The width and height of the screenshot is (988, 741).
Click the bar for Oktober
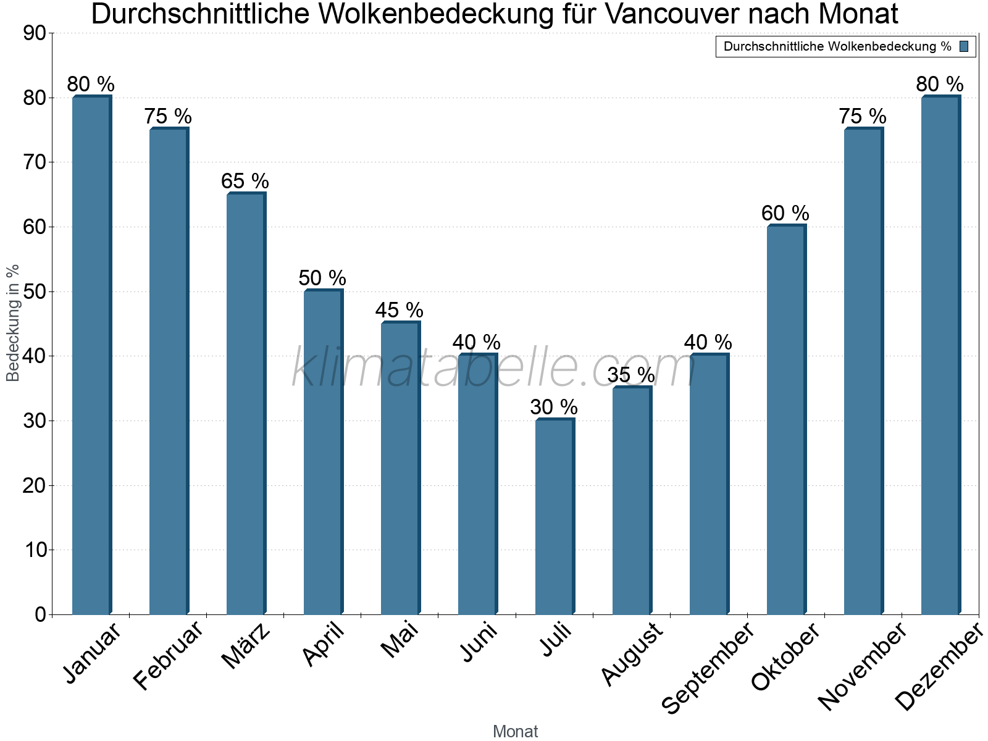pos(786,420)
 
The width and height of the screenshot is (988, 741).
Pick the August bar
pos(632,501)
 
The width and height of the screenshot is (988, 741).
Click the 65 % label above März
pos(245,182)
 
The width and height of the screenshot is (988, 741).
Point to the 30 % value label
pos(554,408)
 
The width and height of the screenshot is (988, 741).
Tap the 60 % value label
pos(785,214)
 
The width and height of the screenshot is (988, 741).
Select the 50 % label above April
pos(322,278)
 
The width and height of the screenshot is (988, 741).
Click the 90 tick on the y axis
pos(35,33)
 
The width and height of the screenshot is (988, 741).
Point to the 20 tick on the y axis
pos(35,486)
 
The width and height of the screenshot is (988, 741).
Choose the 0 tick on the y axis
pos(41,615)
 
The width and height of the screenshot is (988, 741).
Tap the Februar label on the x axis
pos(168,656)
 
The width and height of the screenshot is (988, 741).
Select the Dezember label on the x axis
pos(939,667)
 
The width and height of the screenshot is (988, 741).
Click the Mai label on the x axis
pos(400,640)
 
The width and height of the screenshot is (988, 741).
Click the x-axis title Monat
pos(516,732)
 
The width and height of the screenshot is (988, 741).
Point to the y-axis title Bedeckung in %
pos(13,323)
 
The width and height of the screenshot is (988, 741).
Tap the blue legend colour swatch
pos(964,46)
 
